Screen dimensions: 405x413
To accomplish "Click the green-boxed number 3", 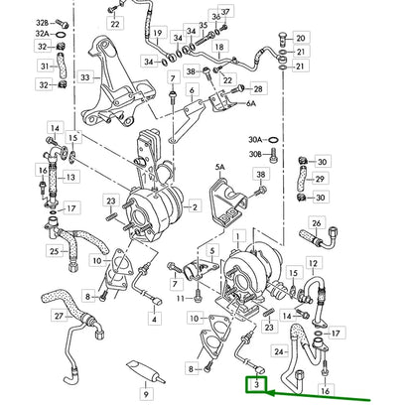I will [x=258, y=382].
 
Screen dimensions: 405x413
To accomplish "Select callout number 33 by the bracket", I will [x=85, y=76].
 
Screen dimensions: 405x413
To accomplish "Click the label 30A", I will [x=283, y=140].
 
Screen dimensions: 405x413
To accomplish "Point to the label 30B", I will [x=283, y=154].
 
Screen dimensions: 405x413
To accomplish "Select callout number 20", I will [x=302, y=38].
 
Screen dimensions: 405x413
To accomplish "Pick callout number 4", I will [x=154, y=319].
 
